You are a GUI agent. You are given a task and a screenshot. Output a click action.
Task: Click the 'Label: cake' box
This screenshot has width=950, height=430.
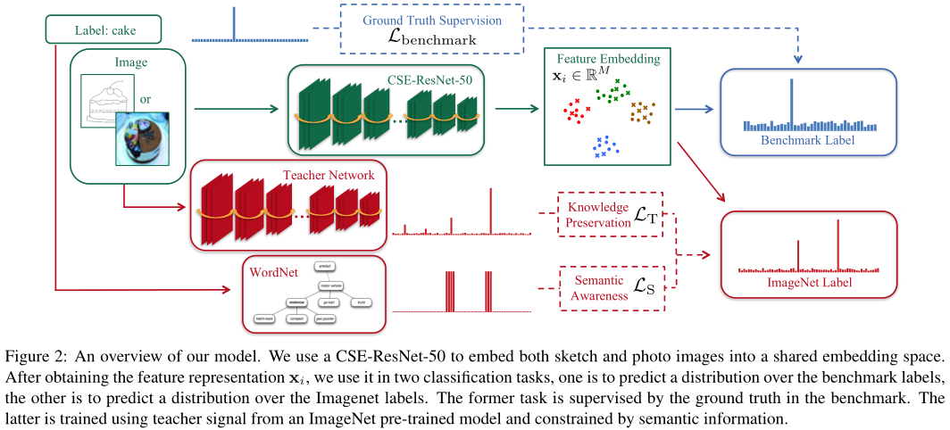[x=104, y=32]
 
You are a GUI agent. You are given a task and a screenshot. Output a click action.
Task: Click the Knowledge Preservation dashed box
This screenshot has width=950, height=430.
[x=611, y=214]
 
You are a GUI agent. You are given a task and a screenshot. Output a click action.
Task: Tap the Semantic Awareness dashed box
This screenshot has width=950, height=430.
[x=611, y=286]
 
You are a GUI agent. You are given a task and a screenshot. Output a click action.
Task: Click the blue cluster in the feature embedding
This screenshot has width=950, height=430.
[x=604, y=146]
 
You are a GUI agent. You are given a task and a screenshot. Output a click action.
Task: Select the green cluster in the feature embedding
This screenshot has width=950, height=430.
[x=612, y=88]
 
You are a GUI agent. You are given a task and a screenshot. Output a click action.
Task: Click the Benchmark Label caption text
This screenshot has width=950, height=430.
[x=807, y=141]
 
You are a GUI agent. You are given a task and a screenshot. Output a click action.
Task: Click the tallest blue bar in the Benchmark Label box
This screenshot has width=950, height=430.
[x=790, y=103]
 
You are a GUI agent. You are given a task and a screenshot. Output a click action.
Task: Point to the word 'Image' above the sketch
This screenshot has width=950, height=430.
[x=130, y=63]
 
